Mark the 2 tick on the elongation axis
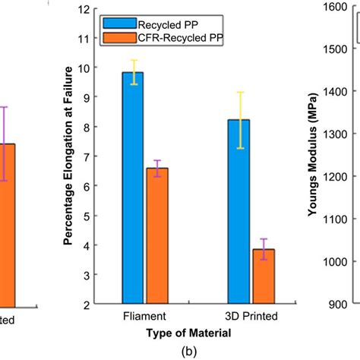point(104,305)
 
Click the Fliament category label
point(144,315)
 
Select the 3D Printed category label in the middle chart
point(251,315)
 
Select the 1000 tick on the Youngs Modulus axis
point(334,261)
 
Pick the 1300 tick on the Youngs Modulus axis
point(334,134)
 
